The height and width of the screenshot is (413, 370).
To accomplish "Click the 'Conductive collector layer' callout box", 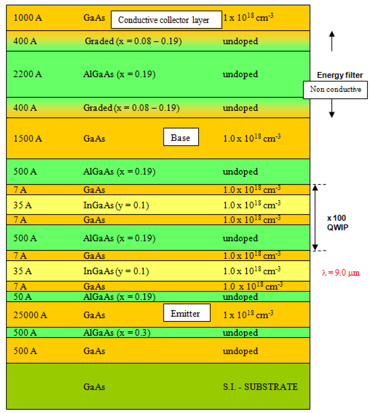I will point(166,20).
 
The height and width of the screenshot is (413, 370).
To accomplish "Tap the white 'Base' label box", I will point(181,138).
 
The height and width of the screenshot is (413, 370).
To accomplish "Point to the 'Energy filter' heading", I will point(340,75).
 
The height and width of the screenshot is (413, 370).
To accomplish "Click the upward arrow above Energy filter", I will point(332,42).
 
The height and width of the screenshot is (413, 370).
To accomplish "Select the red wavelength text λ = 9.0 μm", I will point(341,273).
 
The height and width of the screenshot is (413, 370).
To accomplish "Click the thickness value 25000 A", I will point(30,315).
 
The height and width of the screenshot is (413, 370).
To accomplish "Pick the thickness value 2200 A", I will point(28,74).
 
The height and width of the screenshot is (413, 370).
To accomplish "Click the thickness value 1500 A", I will point(28,138).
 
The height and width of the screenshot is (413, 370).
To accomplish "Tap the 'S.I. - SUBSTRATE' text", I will point(260,387).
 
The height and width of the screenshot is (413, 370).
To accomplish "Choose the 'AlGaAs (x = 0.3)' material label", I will point(116,333).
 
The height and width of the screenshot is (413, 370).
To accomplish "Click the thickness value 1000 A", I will point(28,18).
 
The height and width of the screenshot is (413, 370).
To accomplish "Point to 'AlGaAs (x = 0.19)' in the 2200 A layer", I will point(119,74).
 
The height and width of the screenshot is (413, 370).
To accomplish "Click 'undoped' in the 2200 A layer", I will point(240,74).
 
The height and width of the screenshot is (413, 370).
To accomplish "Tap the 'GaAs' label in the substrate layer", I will point(94,387).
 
